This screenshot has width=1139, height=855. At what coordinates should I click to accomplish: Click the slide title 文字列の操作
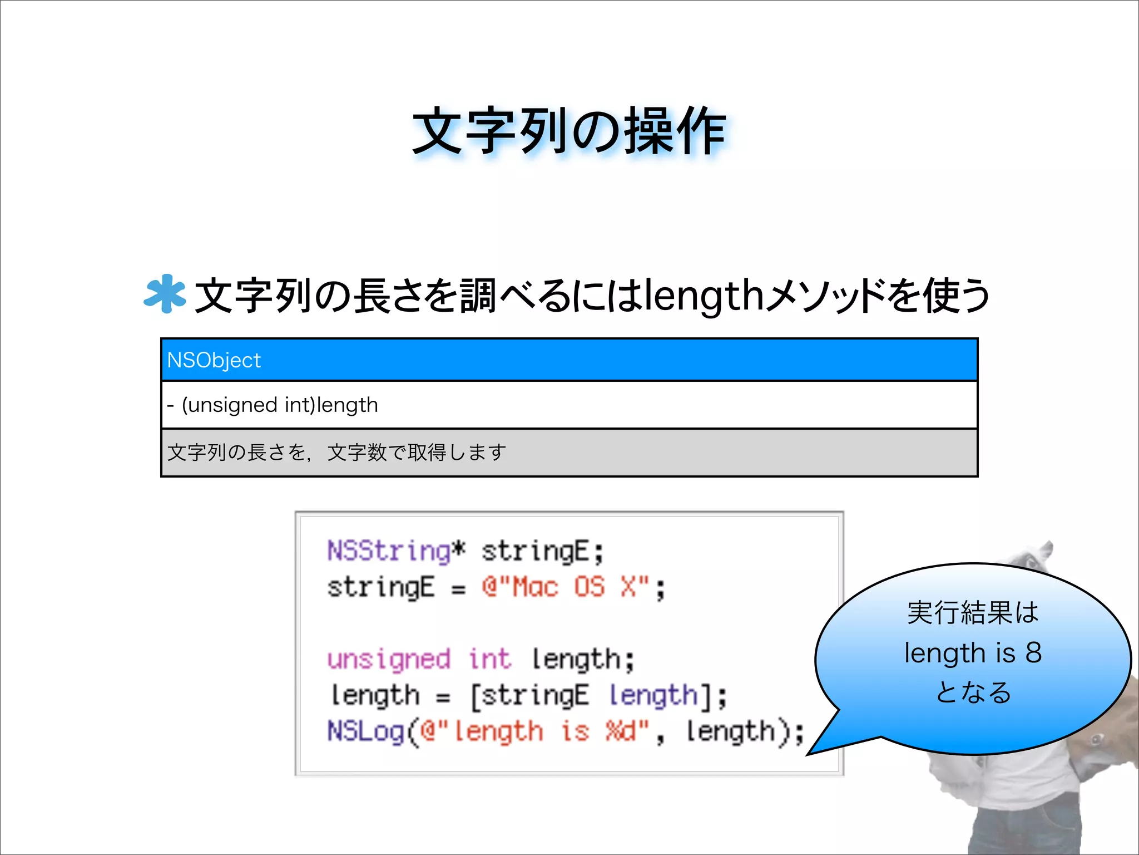tap(568, 131)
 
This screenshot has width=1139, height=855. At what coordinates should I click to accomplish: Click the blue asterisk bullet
tap(164, 294)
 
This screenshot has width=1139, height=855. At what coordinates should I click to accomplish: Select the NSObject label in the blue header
tap(214, 360)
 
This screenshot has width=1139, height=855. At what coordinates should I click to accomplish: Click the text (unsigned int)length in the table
tap(280, 405)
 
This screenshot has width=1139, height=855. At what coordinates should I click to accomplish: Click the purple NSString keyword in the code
tap(388, 551)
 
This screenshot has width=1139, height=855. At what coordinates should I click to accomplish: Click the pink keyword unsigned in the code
tap(388, 659)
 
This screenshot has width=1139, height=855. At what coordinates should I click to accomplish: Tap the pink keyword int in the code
tap(489, 659)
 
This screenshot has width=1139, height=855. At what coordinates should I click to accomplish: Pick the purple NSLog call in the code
tap(365, 731)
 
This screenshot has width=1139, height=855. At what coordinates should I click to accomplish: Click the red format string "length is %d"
tap(534, 731)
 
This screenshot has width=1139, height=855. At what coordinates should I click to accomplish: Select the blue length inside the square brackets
tap(653, 695)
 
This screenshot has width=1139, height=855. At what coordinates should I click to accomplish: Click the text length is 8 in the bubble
tap(972, 652)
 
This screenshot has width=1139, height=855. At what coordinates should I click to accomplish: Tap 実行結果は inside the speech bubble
tap(972, 612)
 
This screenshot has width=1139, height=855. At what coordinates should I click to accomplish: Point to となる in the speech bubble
tap(972, 692)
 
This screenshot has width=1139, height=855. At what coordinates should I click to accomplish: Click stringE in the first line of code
tap(534, 551)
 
